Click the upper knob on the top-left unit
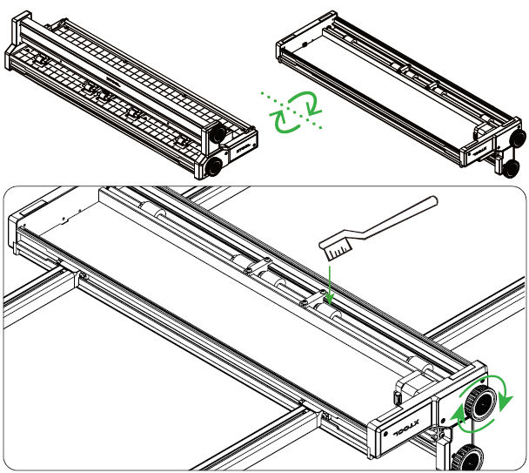tap(217, 134)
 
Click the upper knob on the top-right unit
tap(516, 138)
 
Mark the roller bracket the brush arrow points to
tap(319, 299)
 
